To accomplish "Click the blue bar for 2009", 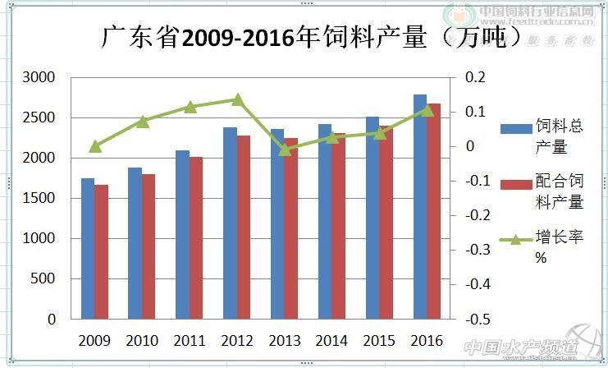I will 87,248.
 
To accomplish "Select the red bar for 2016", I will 433,211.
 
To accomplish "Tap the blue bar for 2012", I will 230,223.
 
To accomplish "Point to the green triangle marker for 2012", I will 237,100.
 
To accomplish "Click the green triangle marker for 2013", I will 285,149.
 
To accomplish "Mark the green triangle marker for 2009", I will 94,146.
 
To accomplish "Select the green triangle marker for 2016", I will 427,109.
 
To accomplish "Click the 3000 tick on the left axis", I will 39,77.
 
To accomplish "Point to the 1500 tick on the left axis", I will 39,198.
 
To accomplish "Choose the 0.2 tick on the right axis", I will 476,77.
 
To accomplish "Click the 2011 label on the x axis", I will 190,340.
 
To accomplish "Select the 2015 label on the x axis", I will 380,340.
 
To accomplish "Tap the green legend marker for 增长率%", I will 515,240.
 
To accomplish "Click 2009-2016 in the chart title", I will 237,38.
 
